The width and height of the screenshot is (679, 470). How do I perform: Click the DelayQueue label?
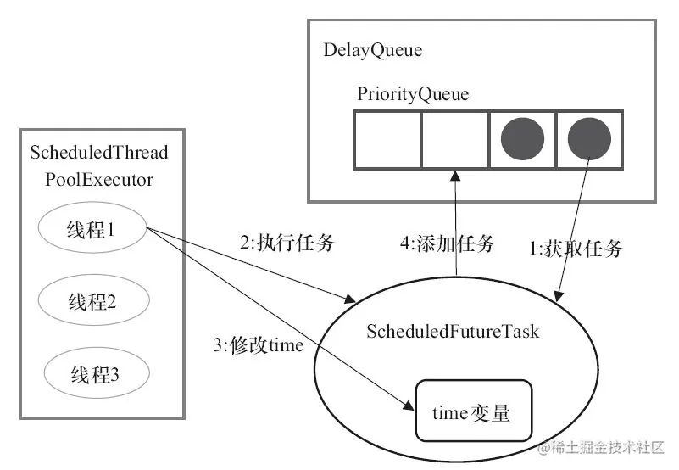[x=372, y=50]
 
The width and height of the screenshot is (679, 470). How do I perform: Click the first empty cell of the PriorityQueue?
[x=387, y=138]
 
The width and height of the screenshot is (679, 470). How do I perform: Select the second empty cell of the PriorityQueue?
[x=454, y=138]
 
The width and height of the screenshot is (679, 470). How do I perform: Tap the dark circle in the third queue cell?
[x=521, y=138]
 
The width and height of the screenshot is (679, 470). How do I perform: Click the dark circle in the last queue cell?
[x=589, y=138]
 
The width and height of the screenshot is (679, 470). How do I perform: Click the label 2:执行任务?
[x=287, y=244]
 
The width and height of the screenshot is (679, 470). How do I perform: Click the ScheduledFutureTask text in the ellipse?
[x=454, y=332]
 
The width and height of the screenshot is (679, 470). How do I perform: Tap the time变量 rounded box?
[x=472, y=411]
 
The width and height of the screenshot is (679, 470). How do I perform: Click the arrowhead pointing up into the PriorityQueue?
[x=456, y=175]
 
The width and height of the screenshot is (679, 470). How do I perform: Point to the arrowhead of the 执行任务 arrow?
[x=349, y=299]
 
